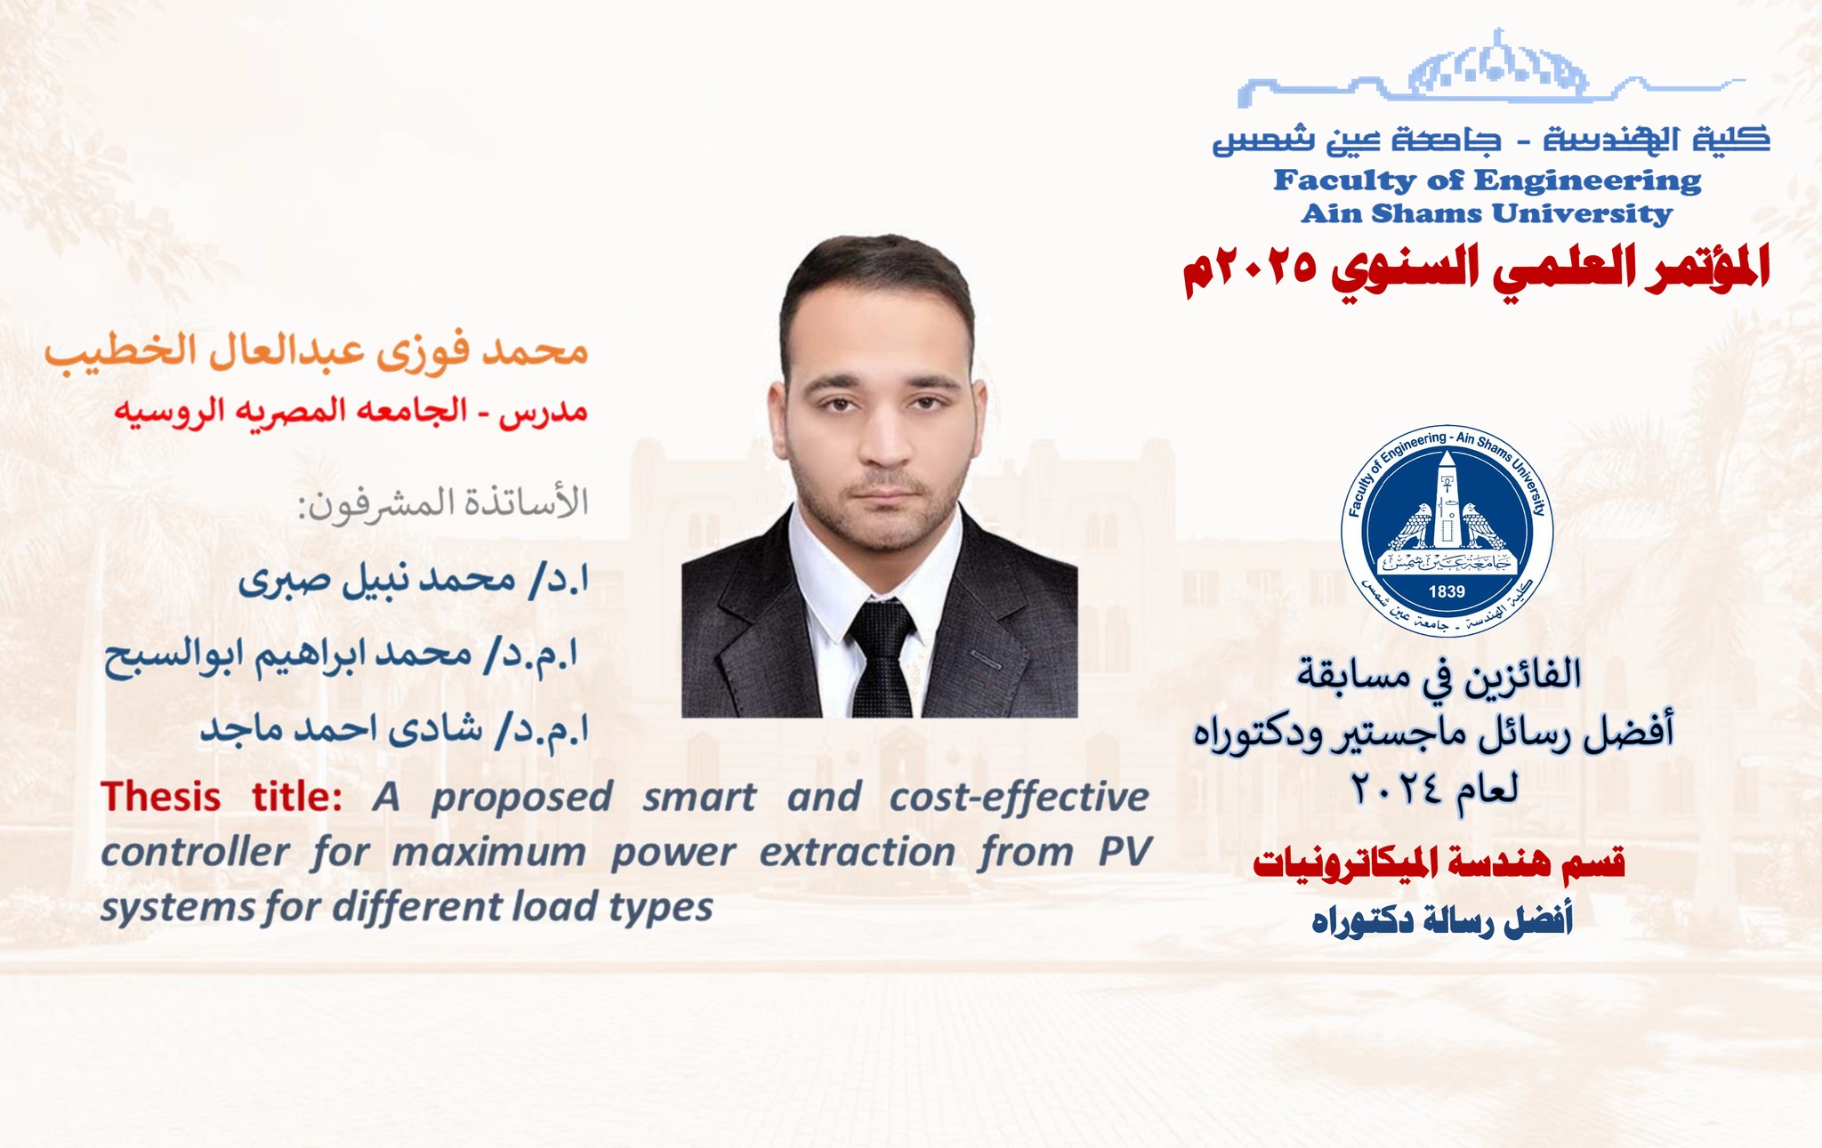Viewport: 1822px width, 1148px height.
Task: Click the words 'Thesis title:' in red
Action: tap(222, 796)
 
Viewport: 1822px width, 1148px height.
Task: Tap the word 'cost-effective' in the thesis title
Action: tap(1020, 796)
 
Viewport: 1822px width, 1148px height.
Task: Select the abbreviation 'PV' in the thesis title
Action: tap(1125, 851)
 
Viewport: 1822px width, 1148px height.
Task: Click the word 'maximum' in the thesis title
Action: tap(488, 852)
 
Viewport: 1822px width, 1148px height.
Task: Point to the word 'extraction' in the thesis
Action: tap(857, 852)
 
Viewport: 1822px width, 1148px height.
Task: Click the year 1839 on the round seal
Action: tap(1447, 591)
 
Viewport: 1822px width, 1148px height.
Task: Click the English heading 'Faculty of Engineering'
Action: tap(1487, 181)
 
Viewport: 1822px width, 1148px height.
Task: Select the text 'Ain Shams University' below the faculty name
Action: tap(1487, 214)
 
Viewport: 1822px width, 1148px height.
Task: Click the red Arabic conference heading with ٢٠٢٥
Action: tap(1476, 268)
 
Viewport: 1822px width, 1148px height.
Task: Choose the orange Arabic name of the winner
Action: tap(317, 350)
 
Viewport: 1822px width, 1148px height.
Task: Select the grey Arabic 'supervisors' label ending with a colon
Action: tap(442, 504)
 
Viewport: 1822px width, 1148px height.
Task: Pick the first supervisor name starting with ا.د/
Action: tap(413, 581)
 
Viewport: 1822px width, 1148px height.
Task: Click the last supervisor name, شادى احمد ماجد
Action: tap(394, 729)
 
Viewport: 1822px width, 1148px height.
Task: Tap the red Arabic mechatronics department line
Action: tap(1439, 863)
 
